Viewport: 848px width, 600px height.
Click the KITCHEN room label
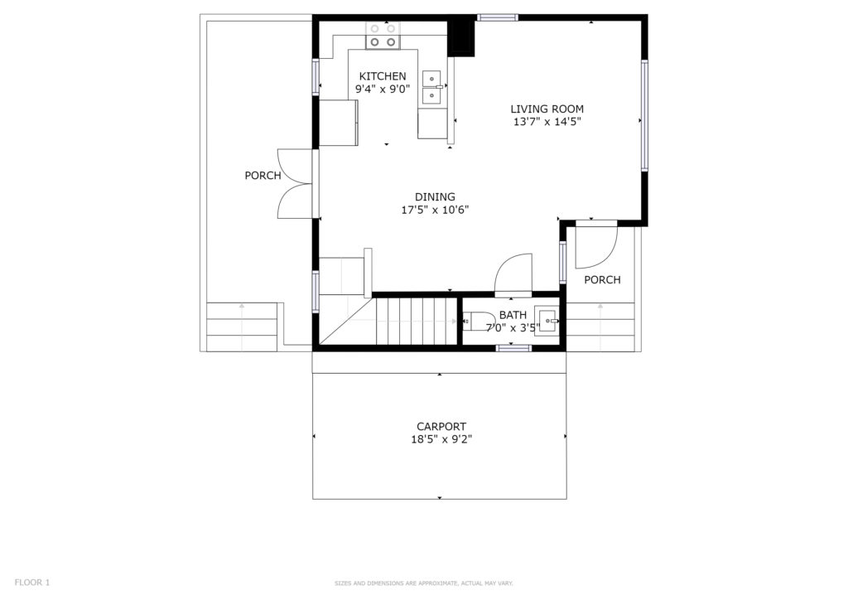(383, 76)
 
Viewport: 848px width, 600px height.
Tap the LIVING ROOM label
(547, 109)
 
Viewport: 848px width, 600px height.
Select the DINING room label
(435, 197)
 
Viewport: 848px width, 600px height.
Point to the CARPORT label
(441, 426)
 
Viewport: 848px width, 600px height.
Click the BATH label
(513, 315)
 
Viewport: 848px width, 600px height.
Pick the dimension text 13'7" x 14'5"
(547, 122)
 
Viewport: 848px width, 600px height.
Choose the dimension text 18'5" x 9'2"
(441, 439)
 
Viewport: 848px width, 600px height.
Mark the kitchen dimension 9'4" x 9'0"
(383, 90)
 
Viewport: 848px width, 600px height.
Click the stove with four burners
(383, 35)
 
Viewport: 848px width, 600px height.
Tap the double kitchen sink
(431, 87)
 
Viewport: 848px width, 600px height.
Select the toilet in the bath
(479, 322)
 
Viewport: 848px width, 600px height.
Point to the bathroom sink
(547, 322)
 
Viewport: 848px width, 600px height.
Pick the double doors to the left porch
(295, 184)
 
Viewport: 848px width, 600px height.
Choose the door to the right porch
(596, 246)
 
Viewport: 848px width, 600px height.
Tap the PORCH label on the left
(263, 176)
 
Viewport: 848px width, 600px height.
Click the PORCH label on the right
(602, 280)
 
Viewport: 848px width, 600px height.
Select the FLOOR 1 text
(32, 583)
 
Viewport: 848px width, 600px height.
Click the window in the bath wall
(513, 348)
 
